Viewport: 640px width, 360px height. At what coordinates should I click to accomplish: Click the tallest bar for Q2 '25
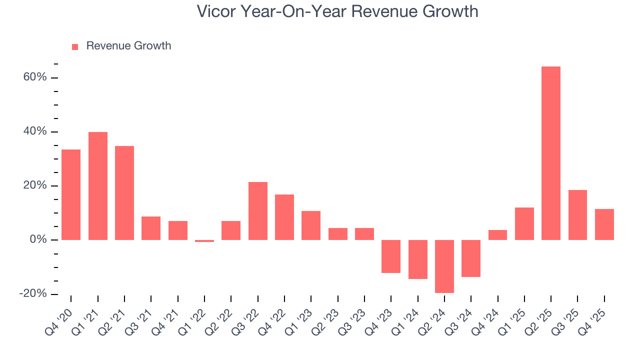click(550, 153)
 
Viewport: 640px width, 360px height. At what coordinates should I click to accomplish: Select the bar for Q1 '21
click(97, 186)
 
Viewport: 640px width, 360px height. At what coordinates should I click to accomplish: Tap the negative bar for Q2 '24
click(444, 266)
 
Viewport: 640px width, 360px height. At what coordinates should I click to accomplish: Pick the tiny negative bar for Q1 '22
click(204, 241)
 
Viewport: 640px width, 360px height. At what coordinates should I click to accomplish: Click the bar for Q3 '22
click(257, 211)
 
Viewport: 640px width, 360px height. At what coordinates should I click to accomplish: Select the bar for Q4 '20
click(70, 194)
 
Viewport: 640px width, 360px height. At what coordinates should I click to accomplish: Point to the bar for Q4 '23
click(390, 256)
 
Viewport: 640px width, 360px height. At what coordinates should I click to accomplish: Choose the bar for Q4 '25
click(604, 224)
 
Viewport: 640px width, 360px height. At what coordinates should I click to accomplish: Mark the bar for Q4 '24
click(497, 235)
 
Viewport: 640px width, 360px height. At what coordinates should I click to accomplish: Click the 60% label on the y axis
click(35, 77)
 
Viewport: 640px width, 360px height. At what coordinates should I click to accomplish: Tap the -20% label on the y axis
click(33, 294)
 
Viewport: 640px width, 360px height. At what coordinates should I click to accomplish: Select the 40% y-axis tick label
click(35, 131)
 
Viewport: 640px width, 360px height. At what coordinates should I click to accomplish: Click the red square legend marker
click(75, 47)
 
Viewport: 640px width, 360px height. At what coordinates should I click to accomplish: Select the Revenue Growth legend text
click(128, 46)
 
